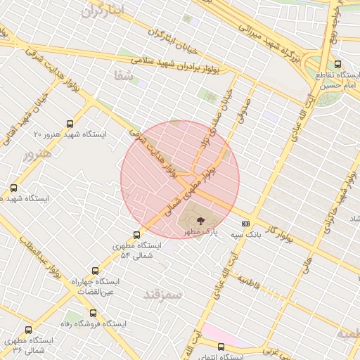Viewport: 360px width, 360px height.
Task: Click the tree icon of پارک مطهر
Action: click(201, 220)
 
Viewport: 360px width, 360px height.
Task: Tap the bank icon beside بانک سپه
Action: click(245, 224)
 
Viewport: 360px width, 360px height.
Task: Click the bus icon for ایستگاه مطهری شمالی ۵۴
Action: click(136, 235)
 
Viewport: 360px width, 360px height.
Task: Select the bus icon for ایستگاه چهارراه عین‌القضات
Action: click(95, 271)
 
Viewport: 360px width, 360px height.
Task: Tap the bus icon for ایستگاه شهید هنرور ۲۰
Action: click(69, 122)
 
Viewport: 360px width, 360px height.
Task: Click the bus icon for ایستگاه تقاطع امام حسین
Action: click(338, 64)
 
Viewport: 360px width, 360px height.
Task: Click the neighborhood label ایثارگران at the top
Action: click(102, 11)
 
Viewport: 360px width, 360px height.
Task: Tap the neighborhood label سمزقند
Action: click(162, 294)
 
